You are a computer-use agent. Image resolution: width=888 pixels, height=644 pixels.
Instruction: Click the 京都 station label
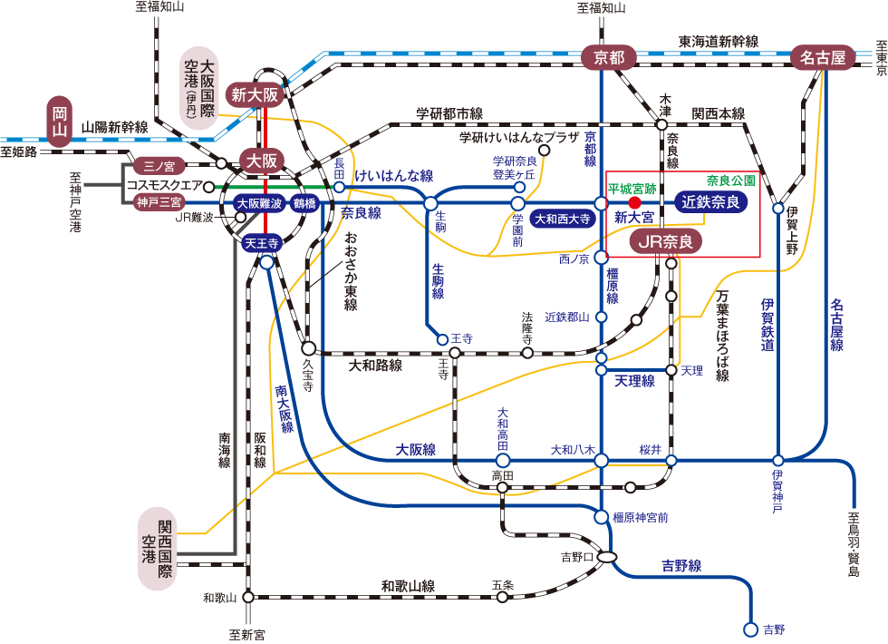(609, 57)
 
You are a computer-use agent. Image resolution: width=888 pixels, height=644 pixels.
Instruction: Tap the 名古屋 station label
(823, 57)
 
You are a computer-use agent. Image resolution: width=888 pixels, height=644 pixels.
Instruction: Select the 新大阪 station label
(256, 94)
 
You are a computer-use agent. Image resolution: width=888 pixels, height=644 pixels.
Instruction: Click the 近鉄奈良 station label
(710, 201)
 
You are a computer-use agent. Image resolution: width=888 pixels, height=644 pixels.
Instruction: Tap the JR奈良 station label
(666, 241)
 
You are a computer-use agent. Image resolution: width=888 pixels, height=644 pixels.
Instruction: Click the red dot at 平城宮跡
(635, 202)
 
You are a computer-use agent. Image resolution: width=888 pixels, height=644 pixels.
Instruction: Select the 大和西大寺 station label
(562, 219)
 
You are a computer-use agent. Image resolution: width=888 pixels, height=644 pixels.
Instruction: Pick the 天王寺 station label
(261, 243)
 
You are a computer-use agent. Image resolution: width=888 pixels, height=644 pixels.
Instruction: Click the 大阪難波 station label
(259, 203)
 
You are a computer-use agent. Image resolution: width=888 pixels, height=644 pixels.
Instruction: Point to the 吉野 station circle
(750, 629)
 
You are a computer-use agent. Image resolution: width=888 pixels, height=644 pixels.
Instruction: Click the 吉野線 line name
(681, 566)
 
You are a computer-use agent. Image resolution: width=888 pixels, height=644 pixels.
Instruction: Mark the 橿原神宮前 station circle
(601, 517)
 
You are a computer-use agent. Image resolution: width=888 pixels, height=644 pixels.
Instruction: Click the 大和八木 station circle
(601, 461)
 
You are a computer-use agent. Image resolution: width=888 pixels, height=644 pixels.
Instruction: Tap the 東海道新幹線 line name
(719, 42)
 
